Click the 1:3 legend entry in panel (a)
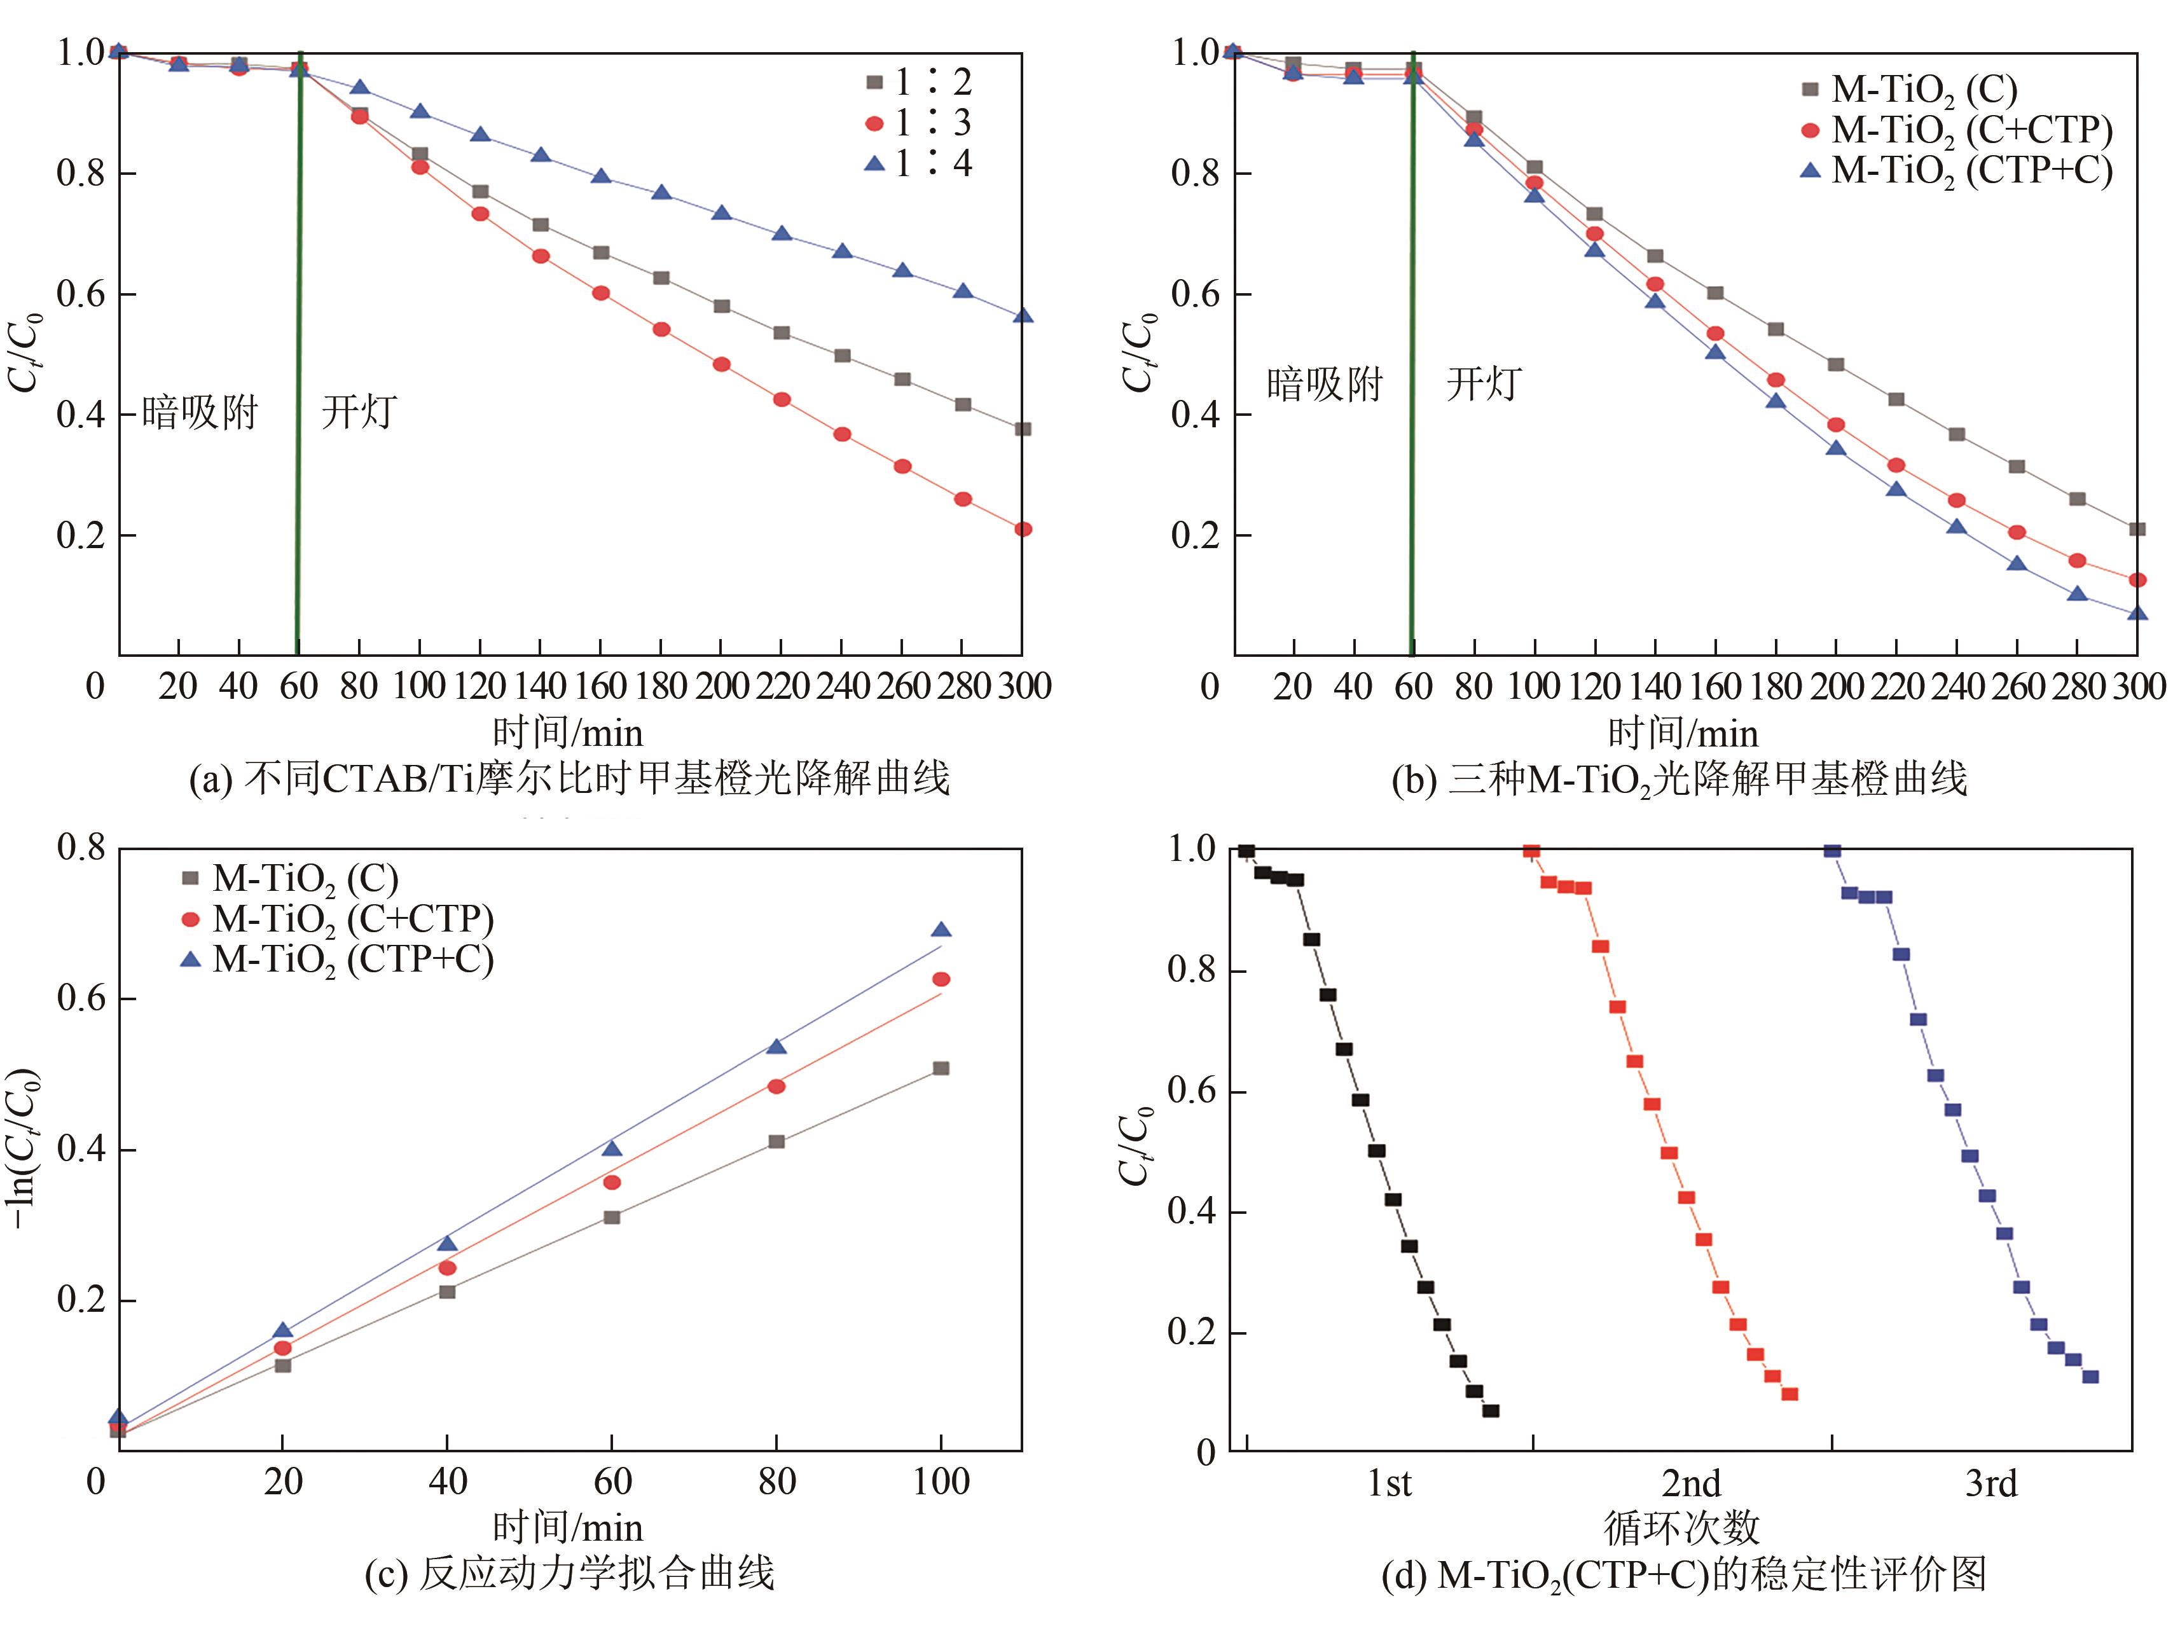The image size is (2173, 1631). click(x=918, y=123)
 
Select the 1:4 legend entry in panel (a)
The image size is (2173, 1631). click(x=918, y=163)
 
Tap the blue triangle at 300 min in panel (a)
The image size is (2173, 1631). click(x=1023, y=315)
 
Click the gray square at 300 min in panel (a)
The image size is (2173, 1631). click(x=1023, y=429)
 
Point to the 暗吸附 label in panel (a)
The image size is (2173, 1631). click(x=200, y=411)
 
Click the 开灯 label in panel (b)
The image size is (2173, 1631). click(x=1484, y=383)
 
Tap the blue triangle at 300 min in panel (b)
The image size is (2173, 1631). click(x=2137, y=613)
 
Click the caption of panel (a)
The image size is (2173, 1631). click(x=570, y=779)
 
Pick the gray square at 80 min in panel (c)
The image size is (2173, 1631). click(x=776, y=1142)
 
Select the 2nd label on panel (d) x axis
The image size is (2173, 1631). click(x=1691, y=1483)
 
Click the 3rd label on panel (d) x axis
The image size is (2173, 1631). click(x=1991, y=1483)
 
